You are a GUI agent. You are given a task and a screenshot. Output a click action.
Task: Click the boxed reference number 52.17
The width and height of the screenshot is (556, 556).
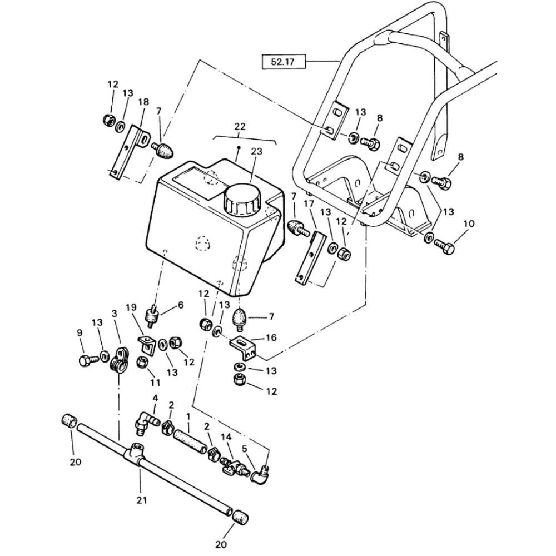point(282,62)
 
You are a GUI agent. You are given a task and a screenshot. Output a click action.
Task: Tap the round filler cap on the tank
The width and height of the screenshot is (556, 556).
point(242,199)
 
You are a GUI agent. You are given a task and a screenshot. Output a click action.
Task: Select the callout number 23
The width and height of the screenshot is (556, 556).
point(256,151)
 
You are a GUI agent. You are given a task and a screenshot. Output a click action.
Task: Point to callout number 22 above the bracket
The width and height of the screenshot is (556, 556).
point(240,126)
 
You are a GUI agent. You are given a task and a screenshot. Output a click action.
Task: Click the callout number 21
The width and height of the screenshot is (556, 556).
point(142,500)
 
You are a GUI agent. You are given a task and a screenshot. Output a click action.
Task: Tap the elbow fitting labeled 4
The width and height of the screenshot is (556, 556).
point(146,423)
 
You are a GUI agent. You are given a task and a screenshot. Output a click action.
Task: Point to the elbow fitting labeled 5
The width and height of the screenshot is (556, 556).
point(261,474)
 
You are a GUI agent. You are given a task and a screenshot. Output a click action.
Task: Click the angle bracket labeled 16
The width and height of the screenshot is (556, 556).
point(244,348)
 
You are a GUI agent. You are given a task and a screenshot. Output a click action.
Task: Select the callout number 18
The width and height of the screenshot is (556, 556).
point(143,101)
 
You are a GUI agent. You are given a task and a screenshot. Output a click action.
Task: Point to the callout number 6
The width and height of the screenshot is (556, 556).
point(181,305)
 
